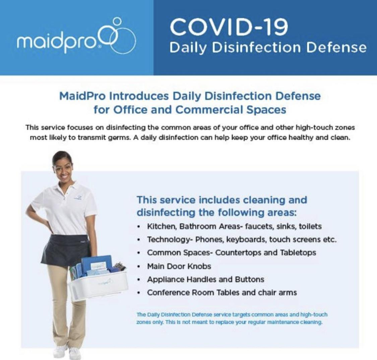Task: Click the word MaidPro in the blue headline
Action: [82, 96]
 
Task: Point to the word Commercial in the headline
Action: [209, 110]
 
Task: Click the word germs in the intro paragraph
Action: [120, 138]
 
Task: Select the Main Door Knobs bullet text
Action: [179, 266]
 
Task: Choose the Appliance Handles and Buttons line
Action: [205, 279]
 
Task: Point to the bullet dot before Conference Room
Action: [138, 293]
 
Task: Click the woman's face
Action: [63, 170]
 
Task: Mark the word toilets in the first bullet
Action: [310, 226]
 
